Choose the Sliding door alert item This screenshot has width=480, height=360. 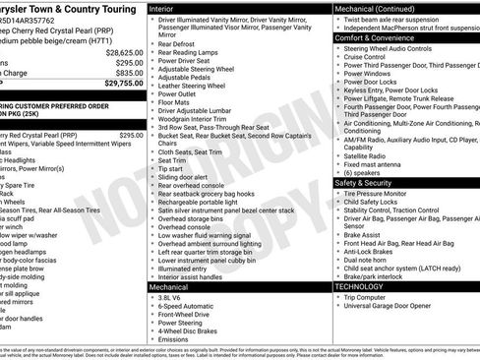pyautogui.click(x=184, y=176)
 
